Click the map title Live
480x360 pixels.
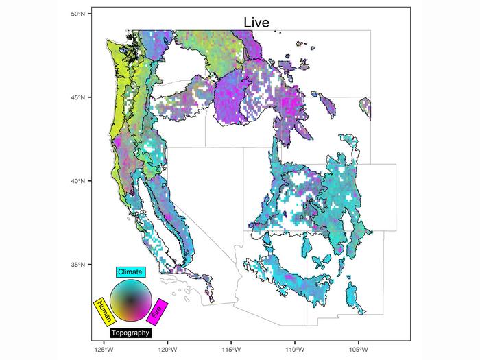257,23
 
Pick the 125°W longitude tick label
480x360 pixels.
104,348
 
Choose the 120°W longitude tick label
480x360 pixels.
167,348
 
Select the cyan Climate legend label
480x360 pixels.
130,272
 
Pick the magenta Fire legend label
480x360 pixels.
158,312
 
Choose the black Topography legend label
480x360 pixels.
130,333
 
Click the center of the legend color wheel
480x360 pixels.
130,301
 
